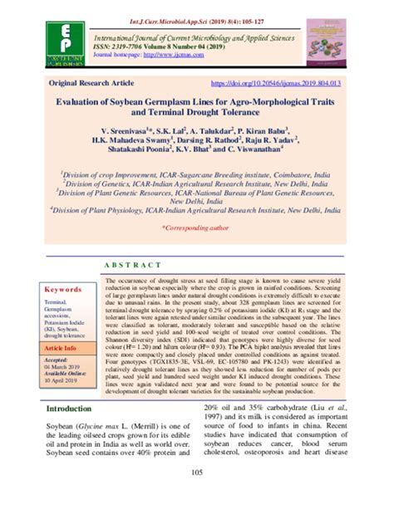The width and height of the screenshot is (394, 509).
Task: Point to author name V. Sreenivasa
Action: pos(124,130)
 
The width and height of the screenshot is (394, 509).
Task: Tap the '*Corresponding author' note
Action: pos(196,225)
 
